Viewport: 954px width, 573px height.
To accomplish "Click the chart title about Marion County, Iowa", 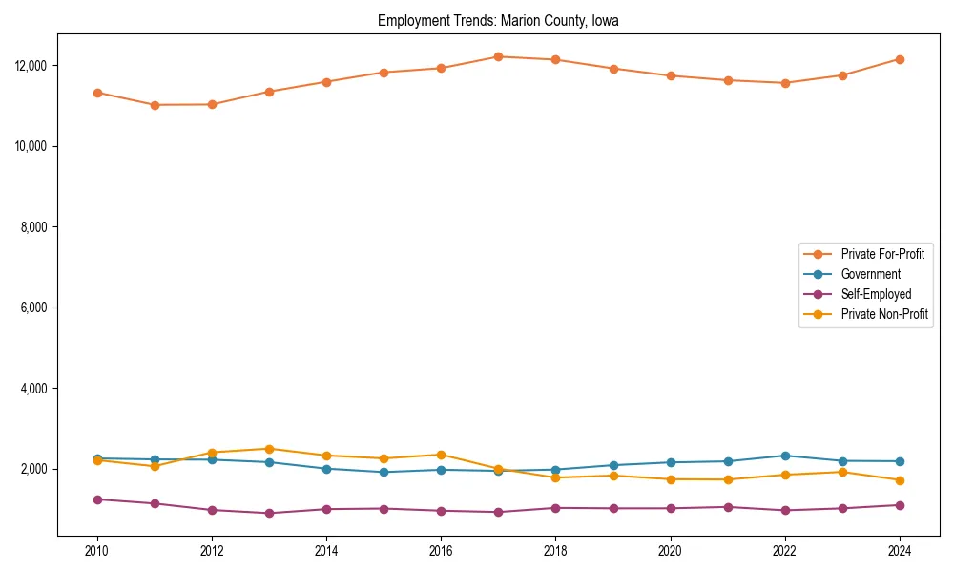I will pyautogui.click(x=498, y=20).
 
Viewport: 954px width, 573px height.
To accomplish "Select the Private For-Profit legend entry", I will pyautogui.click(x=881, y=254).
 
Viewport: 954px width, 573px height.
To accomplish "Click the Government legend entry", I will pyautogui.click(x=870, y=274).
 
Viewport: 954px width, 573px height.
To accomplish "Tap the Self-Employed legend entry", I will pyautogui.click(x=876, y=294).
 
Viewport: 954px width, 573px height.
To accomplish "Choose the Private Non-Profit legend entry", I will pyautogui.click(x=884, y=314).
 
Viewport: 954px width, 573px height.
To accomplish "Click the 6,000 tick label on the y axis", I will pyautogui.click(x=32, y=308).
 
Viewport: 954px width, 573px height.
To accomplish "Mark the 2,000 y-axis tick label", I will pyautogui.click(x=32, y=470).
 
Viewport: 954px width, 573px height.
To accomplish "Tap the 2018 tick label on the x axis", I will pyautogui.click(x=555, y=551).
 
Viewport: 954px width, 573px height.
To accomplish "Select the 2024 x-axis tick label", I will pyautogui.click(x=900, y=551).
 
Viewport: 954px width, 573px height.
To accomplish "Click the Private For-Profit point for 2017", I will pyautogui.click(x=498, y=56).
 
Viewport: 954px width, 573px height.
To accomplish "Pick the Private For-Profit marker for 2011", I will pyautogui.click(x=155, y=105).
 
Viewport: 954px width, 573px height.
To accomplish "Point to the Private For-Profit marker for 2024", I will pyautogui.click(x=900, y=59).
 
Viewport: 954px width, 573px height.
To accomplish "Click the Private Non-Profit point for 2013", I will pyautogui.click(x=269, y=449).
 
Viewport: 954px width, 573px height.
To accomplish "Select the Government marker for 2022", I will pyautogui.click(x=785, y=456).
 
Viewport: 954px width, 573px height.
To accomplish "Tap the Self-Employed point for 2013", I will pyautogui.click(x=269, y=513).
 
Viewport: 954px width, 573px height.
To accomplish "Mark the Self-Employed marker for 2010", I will pyautogui.click(x=97, y=499).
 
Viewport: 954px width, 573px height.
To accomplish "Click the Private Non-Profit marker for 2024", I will pyautogui.click(x=900, y=480).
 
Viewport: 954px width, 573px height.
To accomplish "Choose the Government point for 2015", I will pyautogui.click(x=384, y=472).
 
